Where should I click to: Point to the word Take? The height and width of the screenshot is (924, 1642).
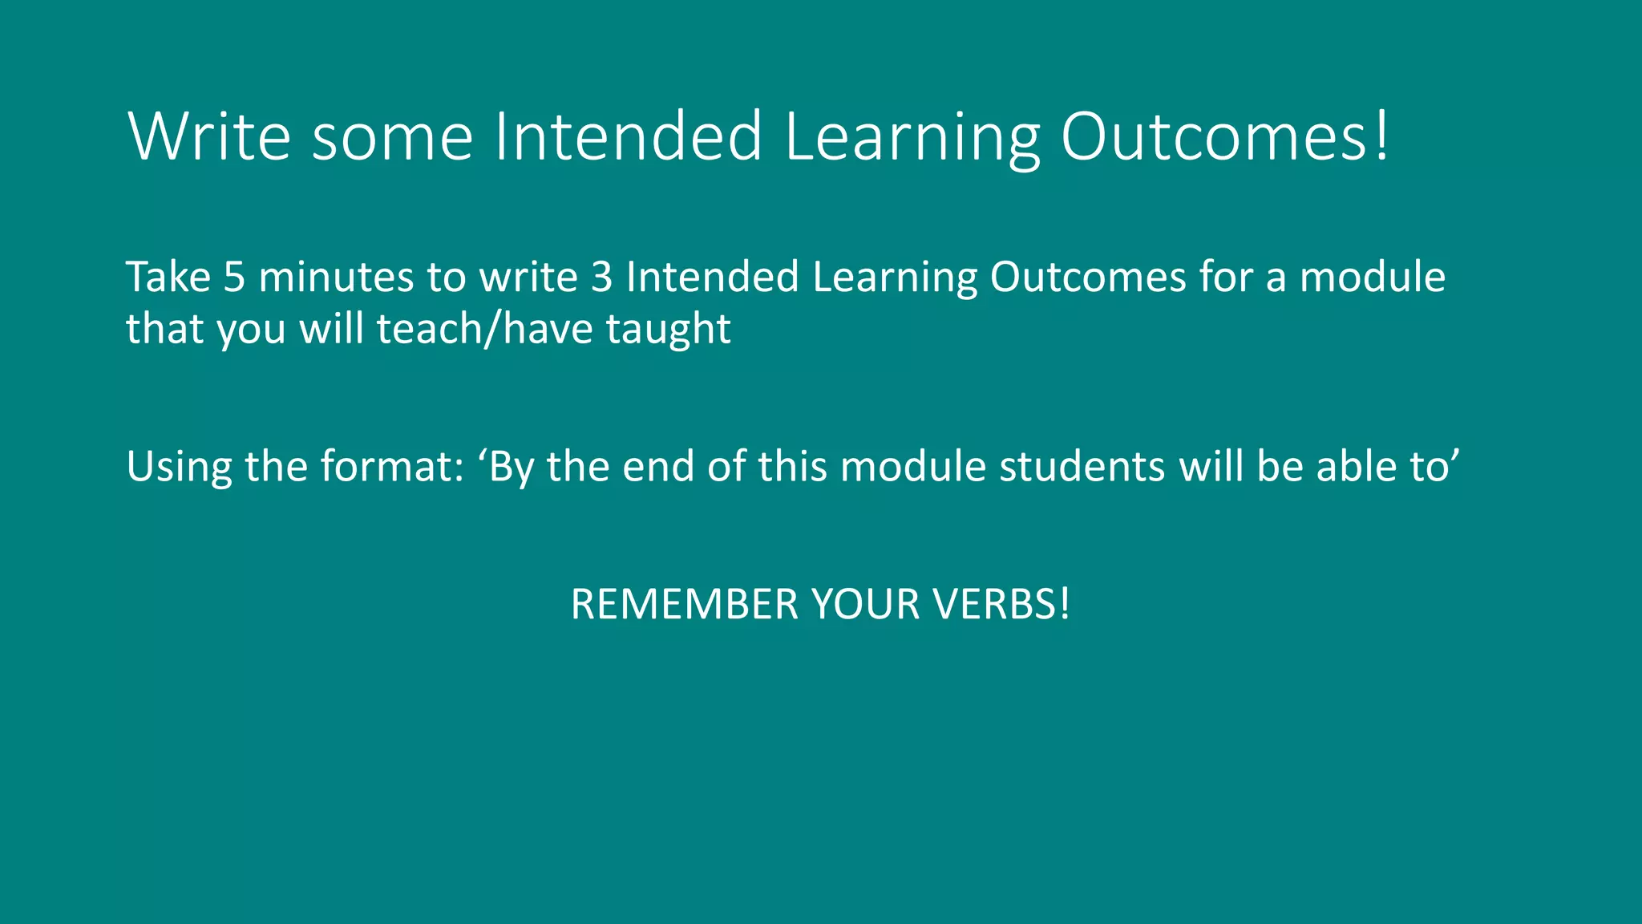pos(168,277)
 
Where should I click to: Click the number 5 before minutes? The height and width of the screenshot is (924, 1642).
pos(234,277)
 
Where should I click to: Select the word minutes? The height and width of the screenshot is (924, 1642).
pos(335,277)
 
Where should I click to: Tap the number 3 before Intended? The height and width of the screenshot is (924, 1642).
pos(602,277)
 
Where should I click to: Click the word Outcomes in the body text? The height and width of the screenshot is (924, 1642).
pos(1087,277)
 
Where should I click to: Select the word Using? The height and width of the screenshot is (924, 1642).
pos(179,467)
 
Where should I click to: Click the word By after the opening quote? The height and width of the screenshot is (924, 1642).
pos(511,467)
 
